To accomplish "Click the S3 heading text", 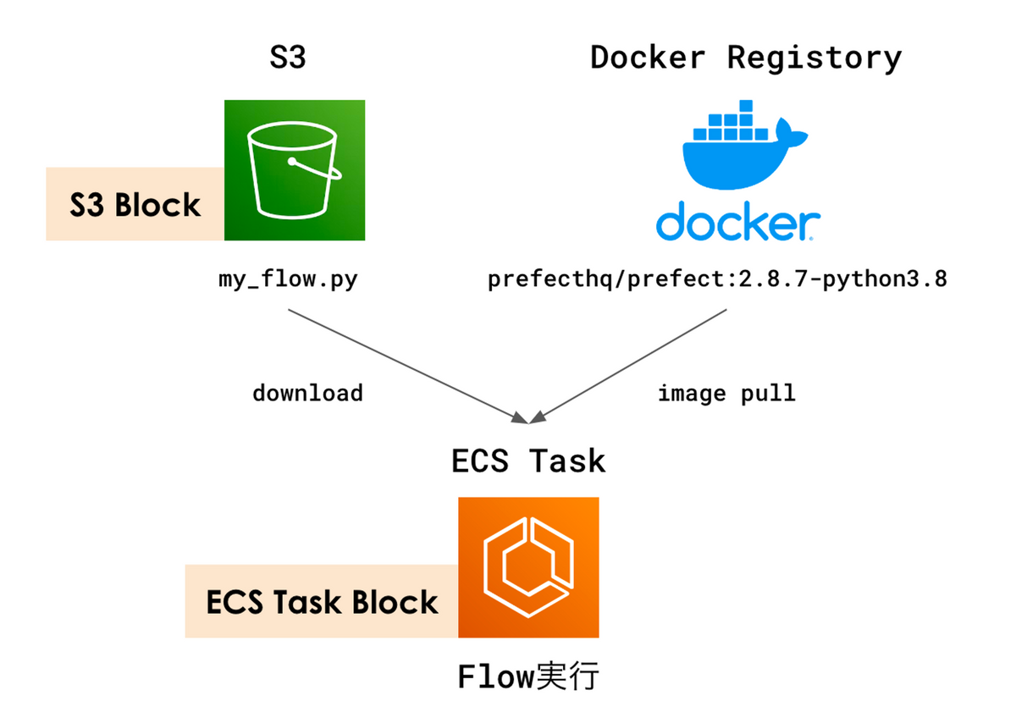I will (287, 58).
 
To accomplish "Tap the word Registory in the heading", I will (814, 58).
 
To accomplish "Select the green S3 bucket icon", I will (294, 170).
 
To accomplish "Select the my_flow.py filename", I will (288, 279).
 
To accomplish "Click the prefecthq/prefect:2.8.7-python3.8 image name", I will (716, 279).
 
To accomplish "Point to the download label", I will (307, 393).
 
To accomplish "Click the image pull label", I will (726, 393).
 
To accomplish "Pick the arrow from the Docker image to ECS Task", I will (631, 364).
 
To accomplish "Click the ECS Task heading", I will (528, 461).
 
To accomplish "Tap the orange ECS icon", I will (528, 567).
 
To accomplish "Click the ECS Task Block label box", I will (322, 602).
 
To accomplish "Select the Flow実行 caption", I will (528, 677).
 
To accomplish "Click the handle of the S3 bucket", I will (317, 169).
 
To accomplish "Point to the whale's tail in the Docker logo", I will (796, 135).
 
